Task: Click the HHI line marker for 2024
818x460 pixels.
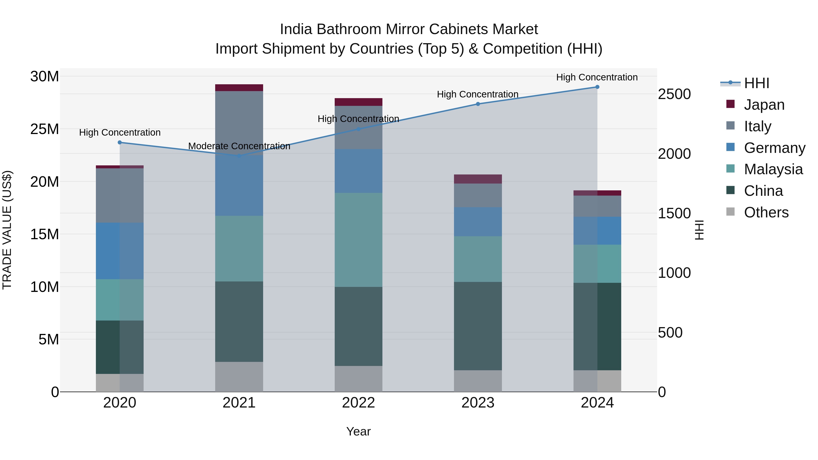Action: pyautogui.click(x=597, y=87)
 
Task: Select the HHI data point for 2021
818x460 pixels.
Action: pyautogui.click(x=239, y=156)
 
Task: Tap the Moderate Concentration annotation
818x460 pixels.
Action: pyautogui.click(x=239, y=146)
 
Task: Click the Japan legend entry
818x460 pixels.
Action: pyautogui.click(x=764, y=105)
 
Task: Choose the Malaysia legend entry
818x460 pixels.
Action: pyautogui.click(x=773, y=169)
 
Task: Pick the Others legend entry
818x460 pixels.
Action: pyautogui.click(x=766, y=212)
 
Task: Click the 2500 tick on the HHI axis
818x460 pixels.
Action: pyautogui.click(x=674, y=94)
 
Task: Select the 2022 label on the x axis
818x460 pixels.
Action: pyautogui.click(x=358, y=403)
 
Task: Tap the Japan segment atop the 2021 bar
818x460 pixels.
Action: pyautogui.click(x=239, y=88)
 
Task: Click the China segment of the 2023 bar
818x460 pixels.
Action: pyautogui.click(x=478, y=326)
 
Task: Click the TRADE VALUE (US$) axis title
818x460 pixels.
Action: pyautogui.click(x=7, y=230)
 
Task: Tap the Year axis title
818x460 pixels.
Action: pyautogui.click(x=358, y=431)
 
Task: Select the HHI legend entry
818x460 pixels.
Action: pyautogui.click(x=756, y=83)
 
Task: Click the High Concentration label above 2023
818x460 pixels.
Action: pyautogui.click(x=478, y=94)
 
